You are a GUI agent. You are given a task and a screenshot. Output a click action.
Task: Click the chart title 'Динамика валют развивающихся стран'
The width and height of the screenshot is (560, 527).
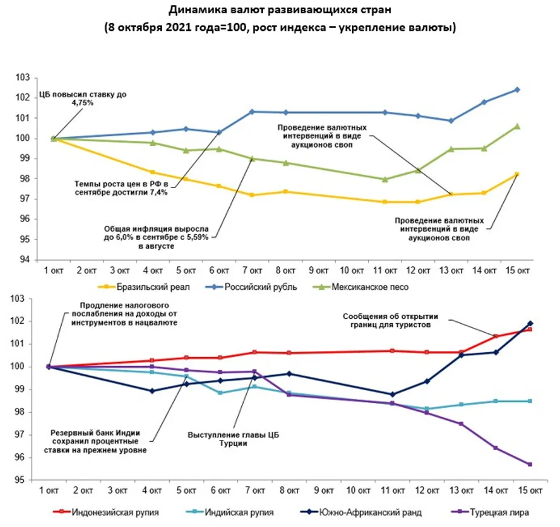coord(279,10)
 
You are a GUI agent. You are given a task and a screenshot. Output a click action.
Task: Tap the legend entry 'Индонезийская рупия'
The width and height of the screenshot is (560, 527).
coord(115,512)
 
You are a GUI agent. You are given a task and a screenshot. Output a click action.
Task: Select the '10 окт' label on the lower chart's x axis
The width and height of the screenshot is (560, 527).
coord(352,489)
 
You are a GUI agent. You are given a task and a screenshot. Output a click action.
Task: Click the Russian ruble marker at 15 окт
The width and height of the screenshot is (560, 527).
coord(517,90)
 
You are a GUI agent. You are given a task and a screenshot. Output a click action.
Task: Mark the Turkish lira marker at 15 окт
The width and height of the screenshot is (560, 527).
coord(530,464)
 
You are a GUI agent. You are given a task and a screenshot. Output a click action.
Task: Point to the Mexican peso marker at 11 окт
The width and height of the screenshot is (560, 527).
coord(385,179)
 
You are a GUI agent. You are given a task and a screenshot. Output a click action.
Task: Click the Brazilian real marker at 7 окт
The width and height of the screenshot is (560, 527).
coord(252,195)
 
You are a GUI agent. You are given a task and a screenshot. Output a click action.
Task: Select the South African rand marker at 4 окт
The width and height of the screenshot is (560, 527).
coord(152,391)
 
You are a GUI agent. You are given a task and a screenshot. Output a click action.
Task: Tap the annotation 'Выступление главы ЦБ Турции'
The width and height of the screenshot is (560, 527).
coord(234,439)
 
